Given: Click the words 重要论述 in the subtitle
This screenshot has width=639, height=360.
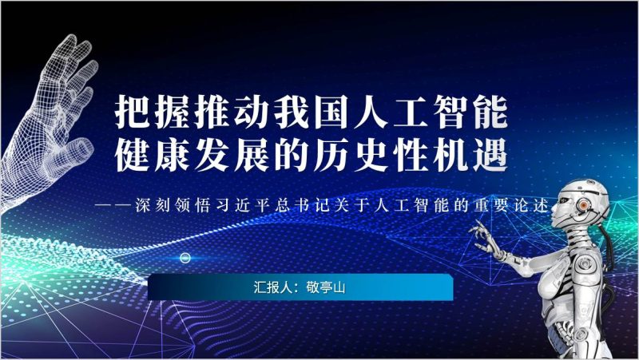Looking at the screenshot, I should [x=511, y=203].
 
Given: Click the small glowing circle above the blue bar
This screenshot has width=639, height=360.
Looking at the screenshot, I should [x=185, y=257].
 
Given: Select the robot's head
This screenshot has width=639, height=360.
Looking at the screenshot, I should [x=581, y=204].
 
